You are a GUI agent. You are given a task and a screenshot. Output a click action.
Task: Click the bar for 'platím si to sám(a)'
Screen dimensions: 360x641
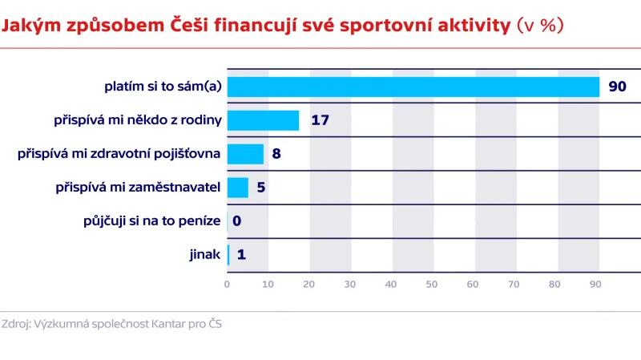[413, 87]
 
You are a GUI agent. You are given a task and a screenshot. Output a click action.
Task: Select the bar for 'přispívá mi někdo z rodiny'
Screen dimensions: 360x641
[263, 120]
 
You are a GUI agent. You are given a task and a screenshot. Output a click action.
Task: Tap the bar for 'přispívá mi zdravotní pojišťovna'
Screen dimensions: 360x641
[245, 154]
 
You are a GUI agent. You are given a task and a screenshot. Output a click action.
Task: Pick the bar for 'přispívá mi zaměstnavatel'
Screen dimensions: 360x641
[238, 188]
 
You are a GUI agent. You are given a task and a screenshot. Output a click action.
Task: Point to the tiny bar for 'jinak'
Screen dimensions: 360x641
[228, 255]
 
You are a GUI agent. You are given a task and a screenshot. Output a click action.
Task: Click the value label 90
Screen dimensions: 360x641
[617, 87]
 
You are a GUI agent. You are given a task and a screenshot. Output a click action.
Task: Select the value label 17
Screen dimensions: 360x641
[320, 120]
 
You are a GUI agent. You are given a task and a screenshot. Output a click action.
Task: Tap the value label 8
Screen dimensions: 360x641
[276, 154]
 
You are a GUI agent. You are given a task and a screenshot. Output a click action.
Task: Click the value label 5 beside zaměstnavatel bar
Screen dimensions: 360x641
[261, 188]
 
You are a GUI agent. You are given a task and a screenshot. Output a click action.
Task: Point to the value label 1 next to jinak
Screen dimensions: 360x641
[241, 255]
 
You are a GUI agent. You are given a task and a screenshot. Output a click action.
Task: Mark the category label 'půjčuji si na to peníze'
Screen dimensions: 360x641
[151, 221]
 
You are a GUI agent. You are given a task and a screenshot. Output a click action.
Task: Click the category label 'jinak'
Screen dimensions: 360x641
[204, 255]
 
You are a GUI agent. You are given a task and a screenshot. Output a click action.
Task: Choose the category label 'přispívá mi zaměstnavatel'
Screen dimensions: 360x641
[138, 188]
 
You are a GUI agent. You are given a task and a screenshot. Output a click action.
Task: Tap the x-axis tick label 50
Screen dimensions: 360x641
[432, 284]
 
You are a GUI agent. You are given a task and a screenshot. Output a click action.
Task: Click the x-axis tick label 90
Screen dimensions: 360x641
[595, 284]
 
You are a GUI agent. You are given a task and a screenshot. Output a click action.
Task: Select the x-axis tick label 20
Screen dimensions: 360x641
[309, 284]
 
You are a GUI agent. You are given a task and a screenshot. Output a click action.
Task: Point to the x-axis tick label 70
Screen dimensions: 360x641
[514, 284]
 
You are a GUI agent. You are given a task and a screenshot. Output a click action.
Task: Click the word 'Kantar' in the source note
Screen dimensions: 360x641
[168, 325]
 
